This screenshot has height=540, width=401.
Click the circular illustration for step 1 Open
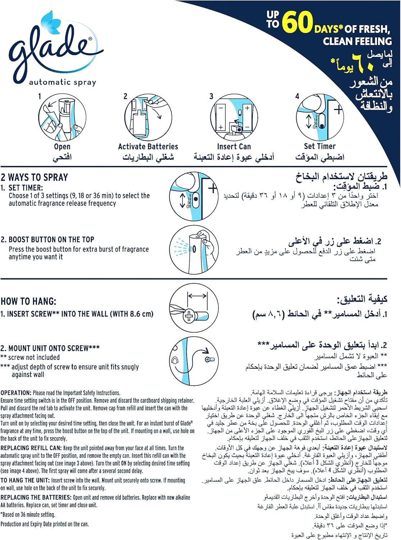coord(62,117)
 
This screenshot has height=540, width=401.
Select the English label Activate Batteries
coord(148,147)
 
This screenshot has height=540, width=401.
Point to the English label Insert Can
coord(234,147)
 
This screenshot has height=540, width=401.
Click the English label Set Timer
coord(319,146)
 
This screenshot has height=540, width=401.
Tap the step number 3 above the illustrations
coord(211,96)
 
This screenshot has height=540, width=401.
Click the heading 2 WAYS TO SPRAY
coord(35,177)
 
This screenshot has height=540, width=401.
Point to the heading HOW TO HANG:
coord(28,301)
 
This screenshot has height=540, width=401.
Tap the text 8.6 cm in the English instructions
coord(141,314)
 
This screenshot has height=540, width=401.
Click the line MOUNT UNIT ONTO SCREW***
coord(50,348)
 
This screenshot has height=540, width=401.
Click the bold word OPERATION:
coord(16,393)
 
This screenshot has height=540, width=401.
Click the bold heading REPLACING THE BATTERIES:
coord(36,497)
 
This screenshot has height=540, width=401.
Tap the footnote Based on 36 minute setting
coord(28,514)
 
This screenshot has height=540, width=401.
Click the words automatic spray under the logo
coord(63,82)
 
